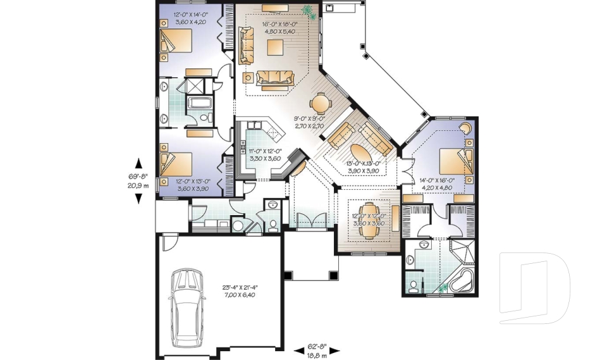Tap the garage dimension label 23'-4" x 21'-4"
pos(240,291)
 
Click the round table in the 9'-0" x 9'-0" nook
pos(320,102)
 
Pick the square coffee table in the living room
pos(274,48)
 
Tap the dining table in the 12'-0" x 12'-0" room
pos(369,219)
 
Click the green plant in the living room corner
pos(308,11)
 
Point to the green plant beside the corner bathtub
pos(443,289)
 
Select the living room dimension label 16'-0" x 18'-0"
pos(279,28)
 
